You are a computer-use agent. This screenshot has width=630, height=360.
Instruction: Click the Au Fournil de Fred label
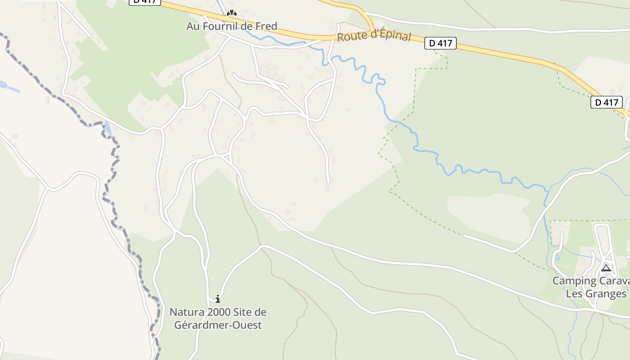(x=232, y=26)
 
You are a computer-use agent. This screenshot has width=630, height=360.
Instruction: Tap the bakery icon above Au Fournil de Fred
(x=232, y=14)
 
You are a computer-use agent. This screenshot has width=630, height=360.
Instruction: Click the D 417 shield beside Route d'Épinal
(x=441, y=43)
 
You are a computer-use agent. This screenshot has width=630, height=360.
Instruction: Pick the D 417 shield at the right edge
(x=606, y=102)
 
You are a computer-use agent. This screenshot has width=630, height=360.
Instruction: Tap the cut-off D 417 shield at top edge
(x=145, y=2)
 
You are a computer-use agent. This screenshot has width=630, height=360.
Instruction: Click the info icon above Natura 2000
(x=218, y=299)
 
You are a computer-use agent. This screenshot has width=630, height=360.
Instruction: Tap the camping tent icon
(x=606, y=268)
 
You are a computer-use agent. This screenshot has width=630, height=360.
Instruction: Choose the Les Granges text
(x=596, y=294)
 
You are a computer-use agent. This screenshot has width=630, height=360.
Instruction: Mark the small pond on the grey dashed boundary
(x=108, y=129)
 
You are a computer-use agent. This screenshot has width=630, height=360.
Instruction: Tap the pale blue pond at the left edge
(x=3, y=85)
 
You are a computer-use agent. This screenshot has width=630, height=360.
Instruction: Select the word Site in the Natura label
(x=241, y=312)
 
